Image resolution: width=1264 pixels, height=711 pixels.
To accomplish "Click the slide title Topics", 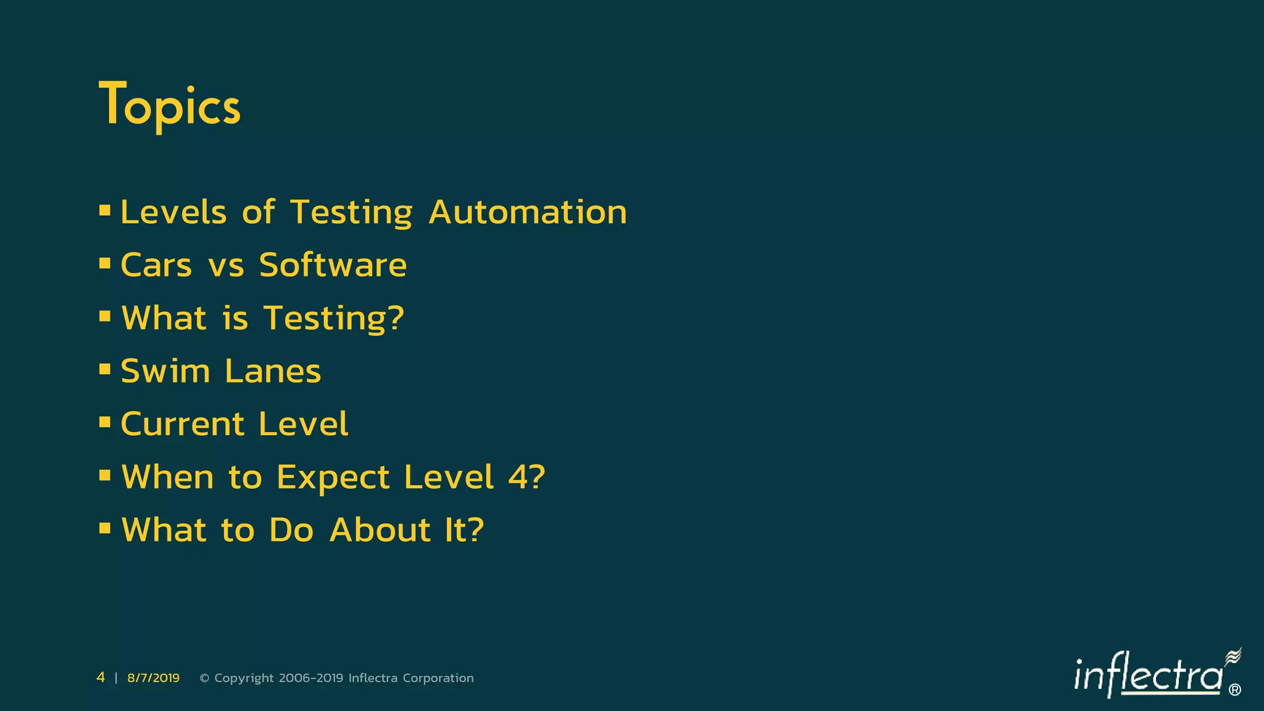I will (x=170, y=105).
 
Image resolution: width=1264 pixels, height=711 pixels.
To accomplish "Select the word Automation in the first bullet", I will (x=528, y=212).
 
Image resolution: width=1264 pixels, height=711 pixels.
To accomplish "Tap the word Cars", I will (x=156, y=265).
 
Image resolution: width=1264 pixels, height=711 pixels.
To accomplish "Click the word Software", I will (x=333, y=265).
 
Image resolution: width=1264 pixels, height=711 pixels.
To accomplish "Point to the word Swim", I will (x=165, y=372).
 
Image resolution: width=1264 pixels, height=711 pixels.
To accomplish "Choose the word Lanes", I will (x=273, y=372).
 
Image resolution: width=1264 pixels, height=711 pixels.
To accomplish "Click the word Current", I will (x=183, y=425).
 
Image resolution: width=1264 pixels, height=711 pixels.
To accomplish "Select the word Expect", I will (x=333, y=478).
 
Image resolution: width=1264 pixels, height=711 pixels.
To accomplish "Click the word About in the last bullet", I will (x=380, y=530).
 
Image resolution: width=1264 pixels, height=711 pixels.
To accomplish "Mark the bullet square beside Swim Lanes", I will (x=105, y=369).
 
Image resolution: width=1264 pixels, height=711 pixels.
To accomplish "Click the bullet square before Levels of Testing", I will (x=105, y=210).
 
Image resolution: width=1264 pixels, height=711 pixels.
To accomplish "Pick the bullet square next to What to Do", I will (x=105, y=528).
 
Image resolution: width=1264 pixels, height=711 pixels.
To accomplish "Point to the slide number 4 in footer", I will (x=101, y=678).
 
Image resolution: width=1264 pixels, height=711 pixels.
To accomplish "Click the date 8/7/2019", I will (x=153, y=678).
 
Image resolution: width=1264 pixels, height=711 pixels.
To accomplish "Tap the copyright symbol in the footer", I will (x=205, y=678).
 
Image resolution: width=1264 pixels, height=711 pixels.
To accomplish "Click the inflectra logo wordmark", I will (x=1148, y=675).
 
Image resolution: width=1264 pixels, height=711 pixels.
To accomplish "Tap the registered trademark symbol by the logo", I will (x=1235, y=690).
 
